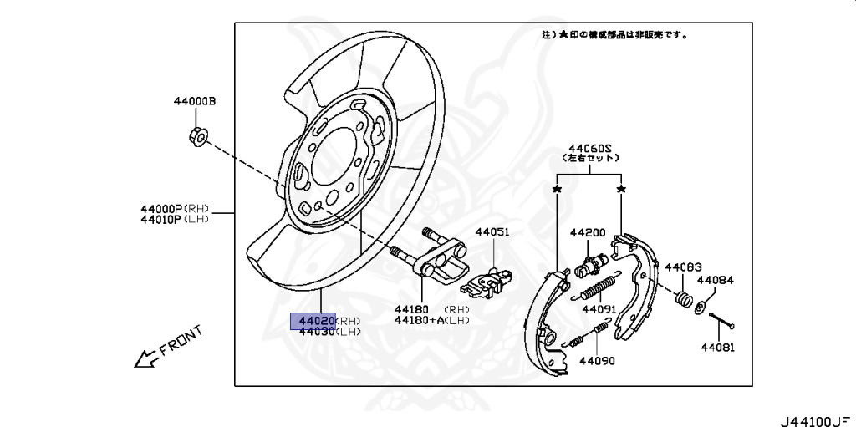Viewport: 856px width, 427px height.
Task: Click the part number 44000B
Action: [x=195, y=101]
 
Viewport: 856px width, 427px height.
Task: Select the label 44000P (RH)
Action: [x=175, y=208]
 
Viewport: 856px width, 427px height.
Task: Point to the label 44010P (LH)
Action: [x=175, y=219]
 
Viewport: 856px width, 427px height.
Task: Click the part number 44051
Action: [x=492, y=232]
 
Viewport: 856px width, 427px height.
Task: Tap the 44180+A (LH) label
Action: [x=431, y=320]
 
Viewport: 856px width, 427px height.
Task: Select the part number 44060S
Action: [x=589, y=146]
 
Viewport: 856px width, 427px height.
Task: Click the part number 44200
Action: [x=588, y=232]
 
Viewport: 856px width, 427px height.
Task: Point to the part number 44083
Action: [x=683, y=267]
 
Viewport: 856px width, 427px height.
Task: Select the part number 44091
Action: [x=599, y=309]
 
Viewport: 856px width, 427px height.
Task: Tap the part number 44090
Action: [x=596, y=361]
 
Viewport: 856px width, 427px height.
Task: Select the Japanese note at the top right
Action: [x=614, y=36]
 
